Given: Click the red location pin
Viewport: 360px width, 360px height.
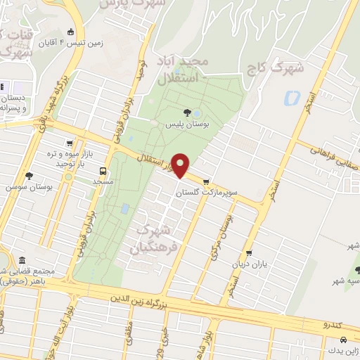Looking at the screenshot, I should click(x=181, y=165).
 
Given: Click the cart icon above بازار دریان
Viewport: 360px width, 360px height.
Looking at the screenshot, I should click(x=248, y=255).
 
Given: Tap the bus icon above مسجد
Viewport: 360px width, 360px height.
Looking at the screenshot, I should click(x=104, y=170).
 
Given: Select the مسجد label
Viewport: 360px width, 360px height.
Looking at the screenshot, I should click(x=103, y=181).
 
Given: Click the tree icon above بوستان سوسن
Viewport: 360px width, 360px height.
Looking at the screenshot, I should click(x=28, y=176).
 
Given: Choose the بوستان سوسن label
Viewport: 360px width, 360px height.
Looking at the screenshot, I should click(x=22, y=187).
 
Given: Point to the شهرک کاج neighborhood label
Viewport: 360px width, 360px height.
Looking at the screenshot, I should click(x=289, y=69).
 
